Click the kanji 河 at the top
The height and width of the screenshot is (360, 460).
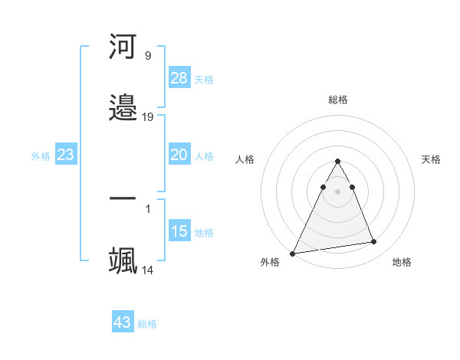point(123,47)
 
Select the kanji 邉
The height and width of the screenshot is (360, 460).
point(123,108)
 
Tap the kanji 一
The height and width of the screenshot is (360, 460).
point(123,200)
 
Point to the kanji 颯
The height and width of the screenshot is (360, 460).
point(123,261)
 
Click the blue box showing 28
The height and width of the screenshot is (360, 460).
point(179,78)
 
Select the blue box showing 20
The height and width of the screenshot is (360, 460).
point(179,155)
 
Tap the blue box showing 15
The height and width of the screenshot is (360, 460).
point(179,231)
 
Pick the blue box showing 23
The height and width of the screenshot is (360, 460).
point(66,155)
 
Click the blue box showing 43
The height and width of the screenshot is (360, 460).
point(123,322)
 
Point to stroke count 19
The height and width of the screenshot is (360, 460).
point(148,117)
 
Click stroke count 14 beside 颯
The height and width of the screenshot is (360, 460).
point(148,270)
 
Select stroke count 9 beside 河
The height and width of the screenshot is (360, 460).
point(148,56)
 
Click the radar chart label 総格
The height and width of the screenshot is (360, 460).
point(338,100)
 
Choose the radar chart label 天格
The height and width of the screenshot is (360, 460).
point(432,159)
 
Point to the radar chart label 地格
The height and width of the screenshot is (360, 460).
point(402,262)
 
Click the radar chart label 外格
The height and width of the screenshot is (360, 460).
point(270,262)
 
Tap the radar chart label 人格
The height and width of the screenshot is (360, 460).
point(245,159)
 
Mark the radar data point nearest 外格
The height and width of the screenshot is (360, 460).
point(293,253)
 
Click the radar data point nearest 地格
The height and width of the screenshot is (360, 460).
point(374,242)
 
